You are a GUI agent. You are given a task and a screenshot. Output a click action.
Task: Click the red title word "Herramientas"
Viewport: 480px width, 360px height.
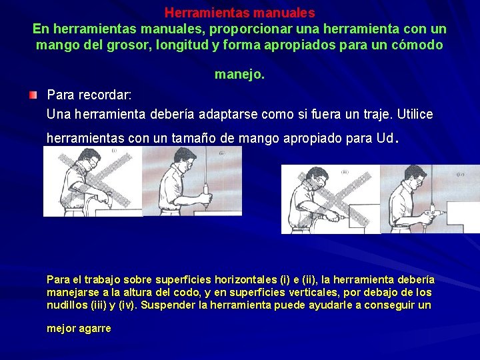click(197, 13)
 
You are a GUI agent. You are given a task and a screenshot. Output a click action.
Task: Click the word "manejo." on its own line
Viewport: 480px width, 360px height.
click(239, 75)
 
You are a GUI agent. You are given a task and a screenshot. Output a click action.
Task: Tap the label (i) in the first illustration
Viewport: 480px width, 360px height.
click(114, 151)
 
